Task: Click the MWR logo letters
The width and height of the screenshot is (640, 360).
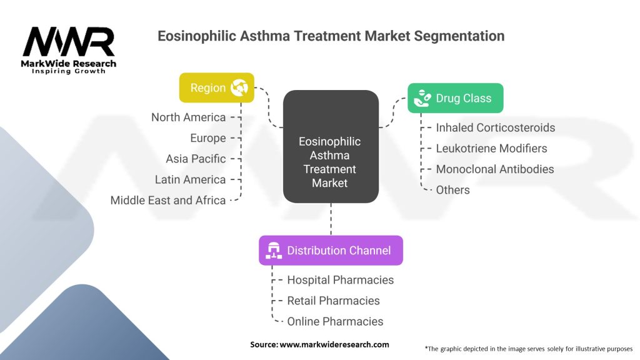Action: pyautogui.click(x=69, y=41)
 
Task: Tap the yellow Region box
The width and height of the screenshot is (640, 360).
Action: pyautogui.click(x=217, y=87)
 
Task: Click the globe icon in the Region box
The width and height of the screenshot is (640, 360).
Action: pyautogui.click(x=239, y=87)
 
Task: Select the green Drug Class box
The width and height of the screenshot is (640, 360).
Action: pyautogui.click(x=456, y=98)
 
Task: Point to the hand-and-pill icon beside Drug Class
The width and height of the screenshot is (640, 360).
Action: pyautogui.click(x=422, y=98)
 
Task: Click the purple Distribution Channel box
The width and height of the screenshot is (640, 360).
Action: pyautogui.click(x=331, y=250)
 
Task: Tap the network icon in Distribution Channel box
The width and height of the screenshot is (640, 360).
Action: pyautogui.click(x=274, y=251)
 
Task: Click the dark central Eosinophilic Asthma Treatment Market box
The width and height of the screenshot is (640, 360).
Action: pyautogui.click(x=331, y=146)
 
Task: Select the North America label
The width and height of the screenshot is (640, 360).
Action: pyautogui.click(x=188, y=117)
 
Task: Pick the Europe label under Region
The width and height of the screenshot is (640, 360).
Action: pyautogui.click(x=207, y=138)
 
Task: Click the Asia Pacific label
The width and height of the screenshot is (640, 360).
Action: pyautogui.click(x=196, y=159)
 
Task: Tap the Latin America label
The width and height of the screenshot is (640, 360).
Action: pyautogui.click(x=190, y=179)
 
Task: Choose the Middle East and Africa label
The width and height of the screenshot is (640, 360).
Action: pyautogui.click(x=167, y=201)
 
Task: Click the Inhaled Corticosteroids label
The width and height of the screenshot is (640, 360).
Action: pyautogui.click(x=496, y=127)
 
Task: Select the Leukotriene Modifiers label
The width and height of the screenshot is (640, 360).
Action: pyautogui.click(x=491, y=149)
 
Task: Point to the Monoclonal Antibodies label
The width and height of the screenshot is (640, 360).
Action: pyautogui.click(x=495, y=169)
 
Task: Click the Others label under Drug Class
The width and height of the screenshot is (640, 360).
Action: pyautogui.click(x=452, y=190)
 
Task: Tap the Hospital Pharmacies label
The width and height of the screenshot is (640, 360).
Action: pyautogui.click(x=341, y=280)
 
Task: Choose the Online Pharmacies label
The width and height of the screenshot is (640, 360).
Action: pyautogui.click(x=335, y=322)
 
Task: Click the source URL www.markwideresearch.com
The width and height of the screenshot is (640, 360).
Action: pyautogui.click(x=334, y=344)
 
